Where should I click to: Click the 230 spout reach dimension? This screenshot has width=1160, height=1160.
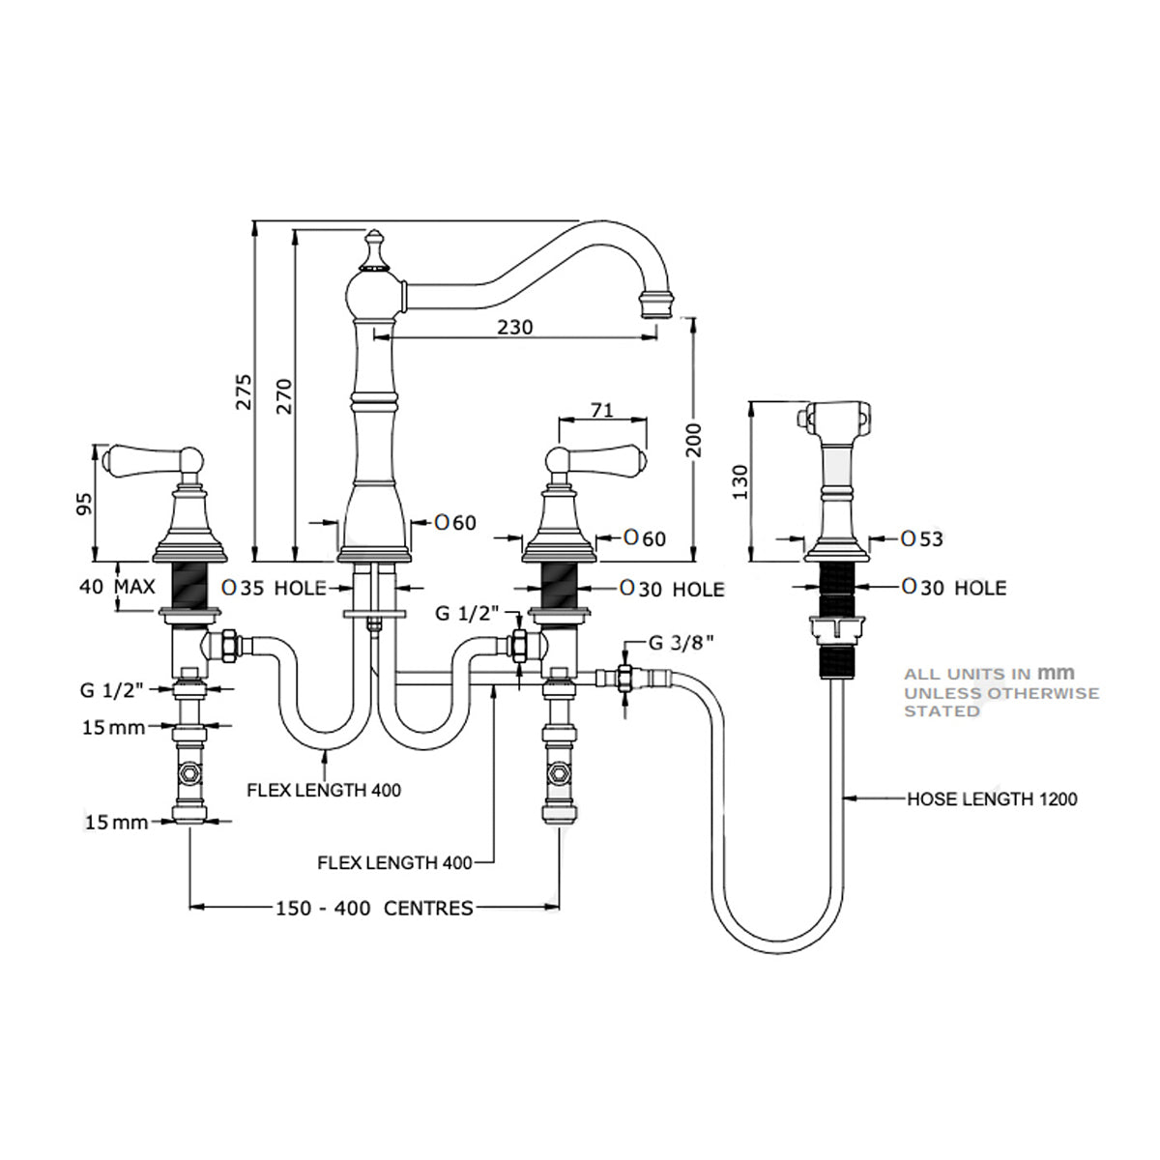(515, 327)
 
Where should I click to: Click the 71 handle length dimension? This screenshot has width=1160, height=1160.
(602, 409)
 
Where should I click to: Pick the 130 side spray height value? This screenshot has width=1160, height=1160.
(740, 481)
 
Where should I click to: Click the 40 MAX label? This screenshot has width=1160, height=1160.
(118, 587)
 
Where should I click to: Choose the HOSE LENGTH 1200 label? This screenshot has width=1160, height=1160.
(992, 799)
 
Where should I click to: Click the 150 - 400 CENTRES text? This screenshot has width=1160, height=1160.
(374, 908)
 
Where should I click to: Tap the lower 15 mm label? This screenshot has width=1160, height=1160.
(117, 823)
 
